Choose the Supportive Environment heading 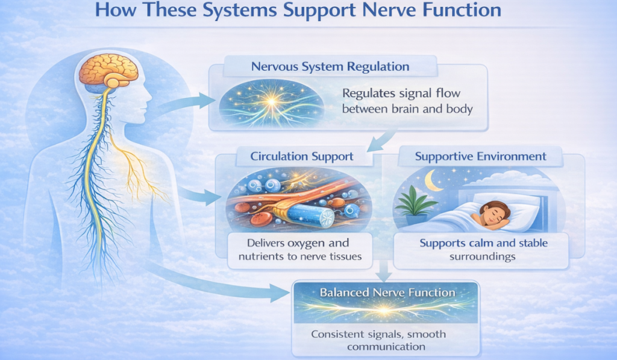(x=481, y=156)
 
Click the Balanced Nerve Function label (x=387, y=292)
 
